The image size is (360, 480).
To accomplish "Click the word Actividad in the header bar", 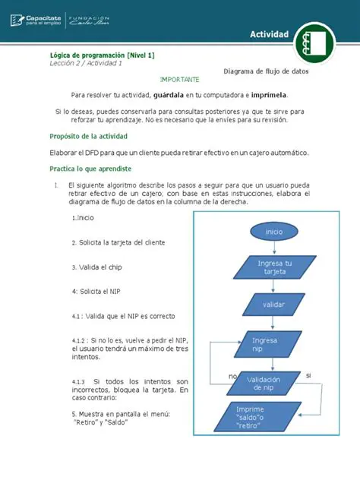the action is coord(270,35).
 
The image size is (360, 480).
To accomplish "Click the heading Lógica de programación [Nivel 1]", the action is coord(102,55).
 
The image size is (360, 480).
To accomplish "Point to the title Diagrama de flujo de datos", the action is coord(266,71).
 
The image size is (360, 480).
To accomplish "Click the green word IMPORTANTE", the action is coord(180,80).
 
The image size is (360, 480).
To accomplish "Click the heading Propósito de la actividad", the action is coord(89,136).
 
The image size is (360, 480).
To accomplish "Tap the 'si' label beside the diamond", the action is coord(308,375).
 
